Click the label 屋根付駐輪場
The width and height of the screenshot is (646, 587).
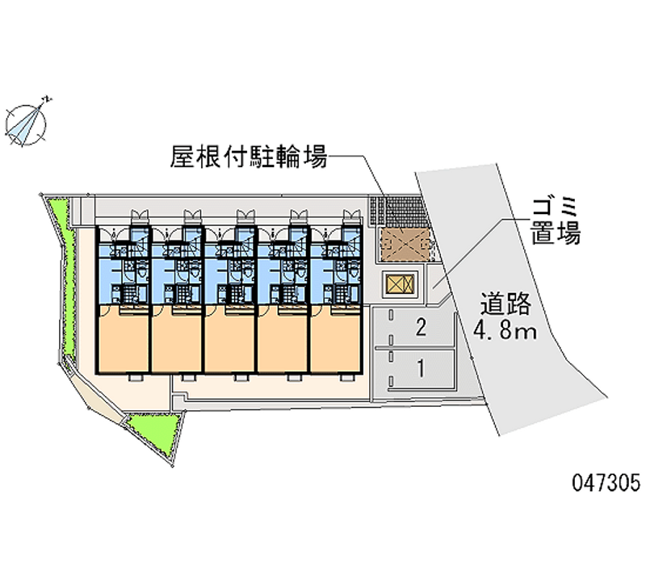pos(249,157)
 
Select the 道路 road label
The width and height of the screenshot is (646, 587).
pos(505,305)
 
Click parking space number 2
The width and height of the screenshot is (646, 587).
pos(421,328)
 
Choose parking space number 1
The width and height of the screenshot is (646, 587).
pos(421,368)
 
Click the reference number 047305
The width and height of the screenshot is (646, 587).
pos(606,482)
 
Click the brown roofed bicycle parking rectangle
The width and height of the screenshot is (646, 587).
pos(405,245)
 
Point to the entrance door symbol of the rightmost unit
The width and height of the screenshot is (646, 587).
pos(352,214)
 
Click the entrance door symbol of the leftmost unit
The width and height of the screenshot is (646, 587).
pos(139,214)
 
